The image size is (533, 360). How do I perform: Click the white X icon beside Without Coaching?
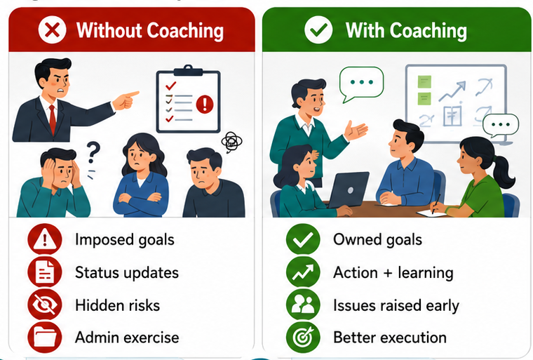click(x=52, y=30)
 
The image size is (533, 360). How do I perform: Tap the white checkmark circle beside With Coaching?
click(x=318, y=30)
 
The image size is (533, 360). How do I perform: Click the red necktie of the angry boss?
click(x=52, y=119)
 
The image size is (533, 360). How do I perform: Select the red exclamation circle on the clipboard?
click(x=205, y=104)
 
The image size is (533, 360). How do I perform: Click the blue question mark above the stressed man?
click(x=93, y=152)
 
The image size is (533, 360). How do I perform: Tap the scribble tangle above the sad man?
click(x=232, y=142)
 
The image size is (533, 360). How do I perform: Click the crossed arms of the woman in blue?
click(x=140, y=199)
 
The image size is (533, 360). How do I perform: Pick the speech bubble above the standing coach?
click(x=361, y=84)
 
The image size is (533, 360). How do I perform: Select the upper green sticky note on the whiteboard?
click(x=424, y=81)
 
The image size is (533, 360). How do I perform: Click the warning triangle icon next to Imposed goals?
click(x=45, y=239)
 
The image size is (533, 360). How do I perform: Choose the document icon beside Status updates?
click(x=45, y=272)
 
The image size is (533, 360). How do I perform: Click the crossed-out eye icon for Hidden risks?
click(x=45, y=305)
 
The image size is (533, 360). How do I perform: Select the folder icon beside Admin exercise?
click(x=45, y=338)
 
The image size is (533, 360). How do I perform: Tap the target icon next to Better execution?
click(x=303, y=338)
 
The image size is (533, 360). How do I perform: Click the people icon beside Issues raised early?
click(x=303, y=305)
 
